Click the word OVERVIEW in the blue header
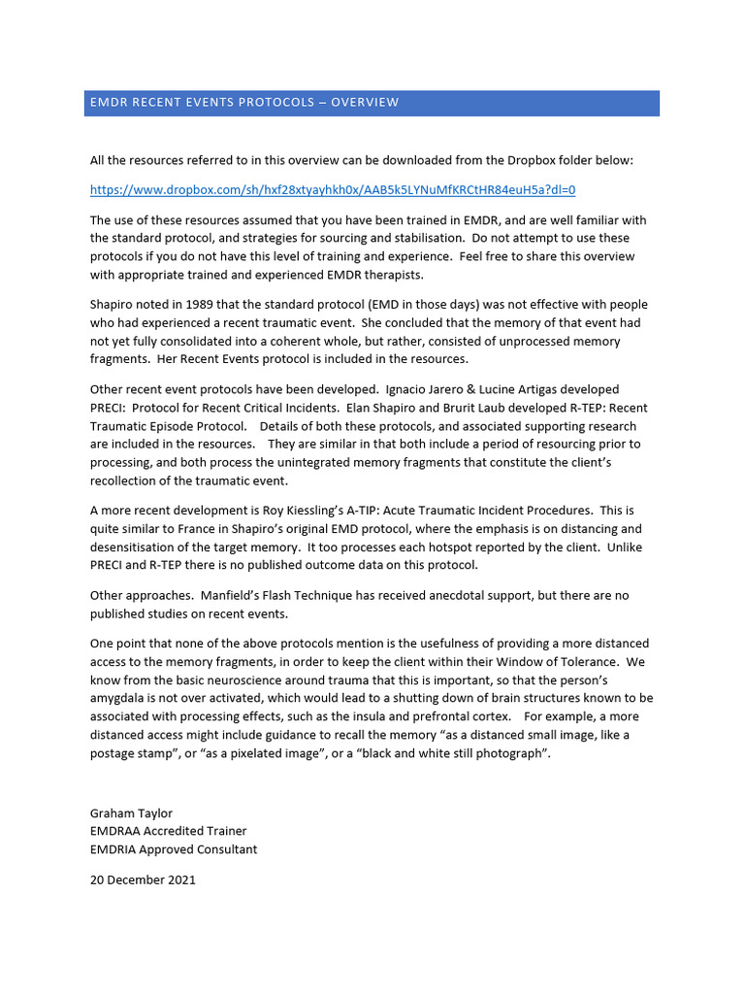tap(365, 103)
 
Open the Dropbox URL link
tap(333, 189)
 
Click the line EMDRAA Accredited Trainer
tap(168, 831)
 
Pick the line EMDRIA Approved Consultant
tap(174, 849)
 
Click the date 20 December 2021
tap(143, 880)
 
